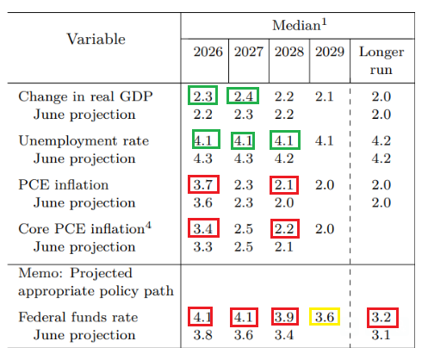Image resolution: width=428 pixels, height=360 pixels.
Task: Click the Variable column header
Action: pos(96,39)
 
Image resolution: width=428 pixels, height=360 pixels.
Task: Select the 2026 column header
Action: pos(208,52)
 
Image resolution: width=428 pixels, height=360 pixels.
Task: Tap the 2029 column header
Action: pos(330,52)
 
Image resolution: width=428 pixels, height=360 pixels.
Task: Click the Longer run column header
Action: pos(381,61)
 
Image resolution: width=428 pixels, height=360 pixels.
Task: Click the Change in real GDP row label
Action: pos(85,96)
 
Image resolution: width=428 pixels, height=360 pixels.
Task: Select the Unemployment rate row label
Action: pos(84,140)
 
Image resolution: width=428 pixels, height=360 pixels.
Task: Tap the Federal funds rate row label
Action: pos(78,317)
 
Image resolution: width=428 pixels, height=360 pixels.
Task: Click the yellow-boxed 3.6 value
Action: pos(325,317)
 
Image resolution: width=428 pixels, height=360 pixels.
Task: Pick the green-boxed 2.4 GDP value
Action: pos(244,96)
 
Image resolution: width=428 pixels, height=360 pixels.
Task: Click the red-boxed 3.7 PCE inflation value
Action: pos(203,185)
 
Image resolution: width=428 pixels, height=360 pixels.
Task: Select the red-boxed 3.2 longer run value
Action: pos(381,317)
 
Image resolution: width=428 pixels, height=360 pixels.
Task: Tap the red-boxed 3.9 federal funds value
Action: pos(284,317)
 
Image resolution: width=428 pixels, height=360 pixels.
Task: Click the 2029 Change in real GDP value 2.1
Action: pos(325,96)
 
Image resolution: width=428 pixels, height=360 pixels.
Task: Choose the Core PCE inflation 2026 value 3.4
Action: pos(203,229)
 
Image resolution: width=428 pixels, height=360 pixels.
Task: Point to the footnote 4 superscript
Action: pos(148,225)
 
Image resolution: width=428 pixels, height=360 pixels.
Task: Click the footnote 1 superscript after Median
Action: pos(324,22)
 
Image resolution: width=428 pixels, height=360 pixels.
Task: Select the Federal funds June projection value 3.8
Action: pos(203,335)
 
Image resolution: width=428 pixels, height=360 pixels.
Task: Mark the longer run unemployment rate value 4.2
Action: pos(381,140)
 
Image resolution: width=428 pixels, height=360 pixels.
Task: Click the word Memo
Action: pos(40,273)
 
